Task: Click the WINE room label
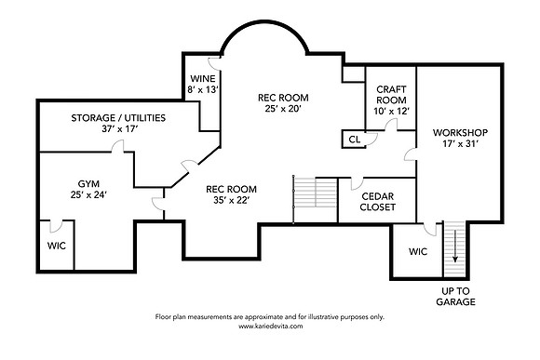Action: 203,78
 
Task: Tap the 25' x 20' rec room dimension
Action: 283,109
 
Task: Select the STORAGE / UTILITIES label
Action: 118,118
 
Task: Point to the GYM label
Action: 88,184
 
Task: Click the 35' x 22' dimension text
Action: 232,200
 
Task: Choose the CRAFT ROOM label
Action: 391,95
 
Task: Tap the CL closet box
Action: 354,139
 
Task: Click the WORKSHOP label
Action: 460,132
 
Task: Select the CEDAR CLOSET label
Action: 377,202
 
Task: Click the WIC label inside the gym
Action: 57,247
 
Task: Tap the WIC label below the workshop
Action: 418,251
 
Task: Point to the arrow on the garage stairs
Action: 455,246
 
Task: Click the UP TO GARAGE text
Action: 455,297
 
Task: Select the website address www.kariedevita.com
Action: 271,326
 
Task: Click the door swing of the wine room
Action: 214,63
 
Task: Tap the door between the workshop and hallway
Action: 411,154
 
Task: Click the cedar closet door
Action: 357,183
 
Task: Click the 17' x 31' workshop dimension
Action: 460,144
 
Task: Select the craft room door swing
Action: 391,125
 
